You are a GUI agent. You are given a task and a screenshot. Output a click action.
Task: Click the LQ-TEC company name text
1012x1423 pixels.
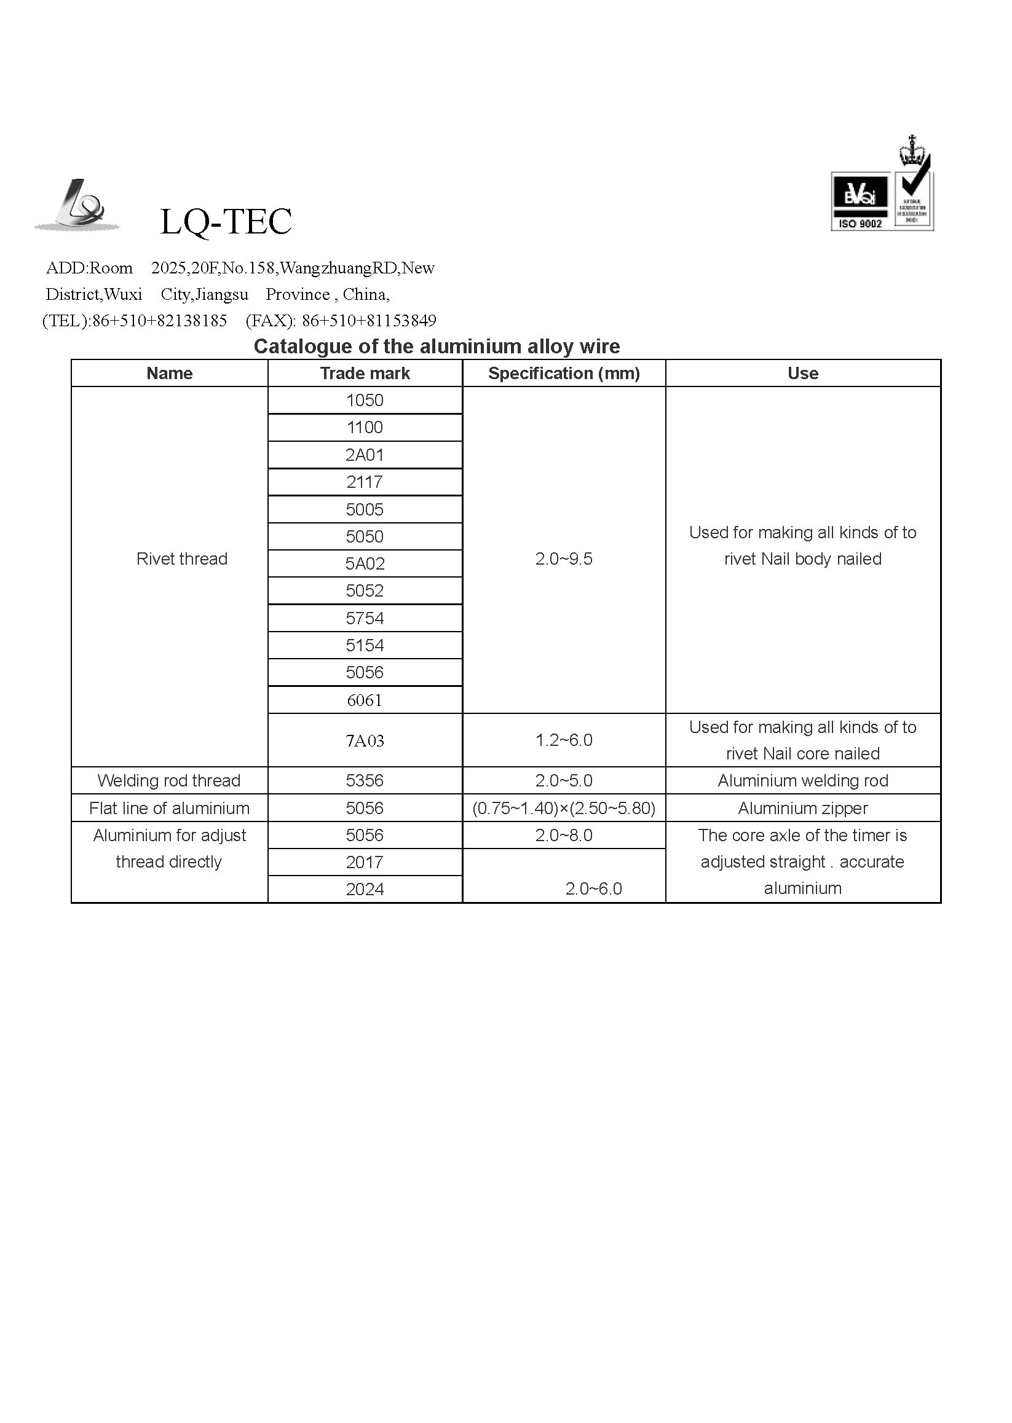[x=226, y=222]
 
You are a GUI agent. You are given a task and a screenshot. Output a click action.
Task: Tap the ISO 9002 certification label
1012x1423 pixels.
[x=860, y=224]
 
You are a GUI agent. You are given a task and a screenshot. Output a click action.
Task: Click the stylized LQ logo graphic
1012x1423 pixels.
[x=77, y=205]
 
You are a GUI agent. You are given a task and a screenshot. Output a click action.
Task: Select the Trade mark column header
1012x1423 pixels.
[x=365, y=373]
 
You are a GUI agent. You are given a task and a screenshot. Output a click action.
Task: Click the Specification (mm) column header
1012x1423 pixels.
[x=563, y=373]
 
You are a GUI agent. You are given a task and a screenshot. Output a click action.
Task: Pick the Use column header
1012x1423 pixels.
[x=802, y=373]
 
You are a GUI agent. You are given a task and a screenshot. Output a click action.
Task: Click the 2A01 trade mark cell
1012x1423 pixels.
[x=365, y=455]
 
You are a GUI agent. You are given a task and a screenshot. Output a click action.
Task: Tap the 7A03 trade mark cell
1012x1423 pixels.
[x=365, y=740]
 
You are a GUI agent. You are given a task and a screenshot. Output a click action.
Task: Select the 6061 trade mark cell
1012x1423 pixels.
[x=365, y=700]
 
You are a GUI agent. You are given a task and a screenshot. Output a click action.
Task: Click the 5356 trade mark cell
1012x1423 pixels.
[x=365, y=780]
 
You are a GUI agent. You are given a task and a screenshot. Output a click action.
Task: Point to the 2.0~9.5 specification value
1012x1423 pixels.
[x=563, y=559]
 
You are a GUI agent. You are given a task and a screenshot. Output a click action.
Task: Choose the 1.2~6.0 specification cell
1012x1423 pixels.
[x=563, y=740]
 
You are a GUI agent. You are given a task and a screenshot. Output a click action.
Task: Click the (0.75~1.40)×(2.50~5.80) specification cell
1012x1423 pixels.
[x=563, y=808]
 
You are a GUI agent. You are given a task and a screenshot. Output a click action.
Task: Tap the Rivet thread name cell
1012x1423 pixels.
[x=181, y=559]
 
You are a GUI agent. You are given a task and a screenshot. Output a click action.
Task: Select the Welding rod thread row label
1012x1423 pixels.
[x=169, y=780]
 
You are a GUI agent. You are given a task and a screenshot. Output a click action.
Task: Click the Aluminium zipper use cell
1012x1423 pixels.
[x=802, y=808]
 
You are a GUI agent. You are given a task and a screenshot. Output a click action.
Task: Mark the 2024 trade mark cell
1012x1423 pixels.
[x=365, y=888]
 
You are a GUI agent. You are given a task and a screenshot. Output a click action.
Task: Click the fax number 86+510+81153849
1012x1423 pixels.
[x=369, y=321]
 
